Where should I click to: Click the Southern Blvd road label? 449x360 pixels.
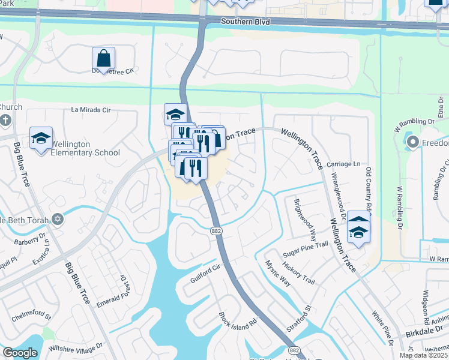246,22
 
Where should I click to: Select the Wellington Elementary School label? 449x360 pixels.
85,148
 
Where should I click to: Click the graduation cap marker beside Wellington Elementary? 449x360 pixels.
41,139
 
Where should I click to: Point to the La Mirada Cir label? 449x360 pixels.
91,110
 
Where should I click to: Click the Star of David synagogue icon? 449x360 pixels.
58,218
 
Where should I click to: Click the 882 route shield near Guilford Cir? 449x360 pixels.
217,230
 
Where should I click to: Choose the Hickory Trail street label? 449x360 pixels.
300,272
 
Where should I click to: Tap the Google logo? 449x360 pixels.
19,352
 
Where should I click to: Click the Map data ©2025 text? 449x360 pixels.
424,355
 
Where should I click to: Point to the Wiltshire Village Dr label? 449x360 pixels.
76,346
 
